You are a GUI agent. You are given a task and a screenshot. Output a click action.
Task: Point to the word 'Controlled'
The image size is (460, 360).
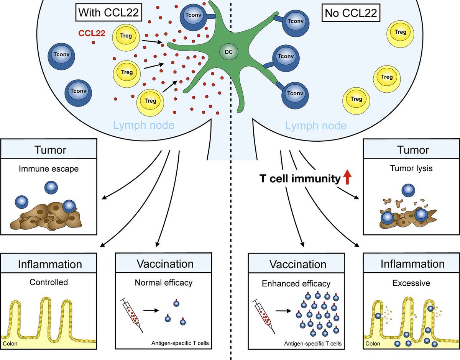[49, 282]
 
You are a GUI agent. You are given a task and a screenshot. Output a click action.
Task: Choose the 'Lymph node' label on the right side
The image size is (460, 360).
[317, 125]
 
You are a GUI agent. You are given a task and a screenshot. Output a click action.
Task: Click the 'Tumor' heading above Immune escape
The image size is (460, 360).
[50, 149]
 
